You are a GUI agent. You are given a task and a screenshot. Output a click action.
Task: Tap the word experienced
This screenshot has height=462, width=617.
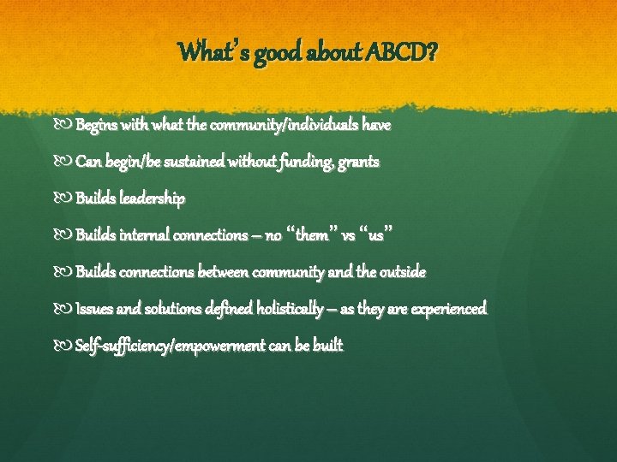pyautogui.click(x=448, y=308)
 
